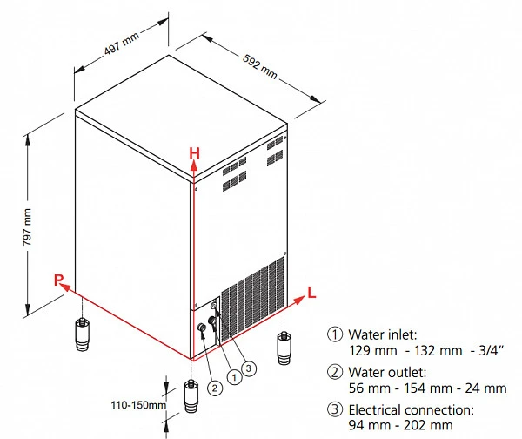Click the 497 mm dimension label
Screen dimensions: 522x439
122,44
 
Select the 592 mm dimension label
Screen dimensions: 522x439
259,67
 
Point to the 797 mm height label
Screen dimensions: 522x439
27,227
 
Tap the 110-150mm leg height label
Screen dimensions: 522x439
138,405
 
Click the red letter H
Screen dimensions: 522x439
194,153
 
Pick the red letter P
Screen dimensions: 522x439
58,280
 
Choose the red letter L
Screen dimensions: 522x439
311,293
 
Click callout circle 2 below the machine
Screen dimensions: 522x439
215,388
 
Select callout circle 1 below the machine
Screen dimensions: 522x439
235,377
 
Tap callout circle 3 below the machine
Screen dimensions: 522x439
249,368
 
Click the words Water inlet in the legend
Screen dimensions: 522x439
383,334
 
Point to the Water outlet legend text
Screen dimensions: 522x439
387,372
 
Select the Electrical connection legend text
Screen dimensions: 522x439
412,409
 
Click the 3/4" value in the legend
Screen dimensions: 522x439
492,350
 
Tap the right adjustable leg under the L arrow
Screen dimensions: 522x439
284,348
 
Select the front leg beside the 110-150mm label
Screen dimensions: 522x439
191,396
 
